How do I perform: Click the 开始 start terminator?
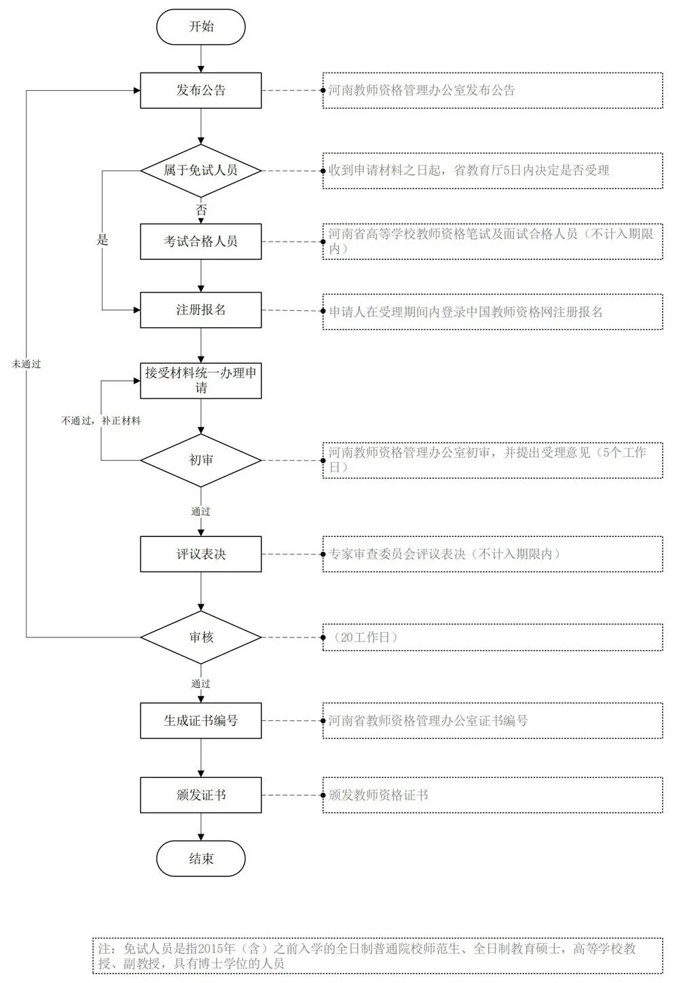[200, 27]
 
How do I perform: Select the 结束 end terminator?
[200, 859]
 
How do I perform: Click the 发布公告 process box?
[200, 90]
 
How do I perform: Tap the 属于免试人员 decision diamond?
[200, 170]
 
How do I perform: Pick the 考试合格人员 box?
[200, 241]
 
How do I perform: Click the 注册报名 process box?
[200, 310]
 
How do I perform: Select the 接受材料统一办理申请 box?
[200, 380]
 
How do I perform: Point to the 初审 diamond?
[200, 460]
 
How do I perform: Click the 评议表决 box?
[200, 554]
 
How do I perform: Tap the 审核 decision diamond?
[200, 637]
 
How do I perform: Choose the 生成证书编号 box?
[200, 720]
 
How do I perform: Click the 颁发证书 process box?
[200, 795]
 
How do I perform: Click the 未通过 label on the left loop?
[26, 364]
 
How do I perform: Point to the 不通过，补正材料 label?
[101, 421]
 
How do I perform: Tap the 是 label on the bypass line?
[103, 240]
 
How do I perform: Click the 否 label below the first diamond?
[201, 210]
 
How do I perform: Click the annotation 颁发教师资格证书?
[378, 795]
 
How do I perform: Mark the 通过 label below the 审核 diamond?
[201, 684]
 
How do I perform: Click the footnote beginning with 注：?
[377, 955]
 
